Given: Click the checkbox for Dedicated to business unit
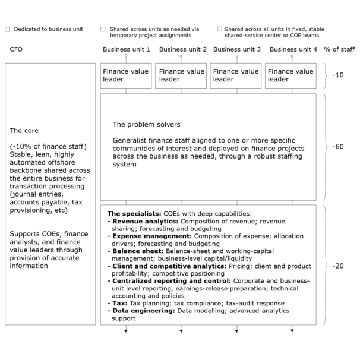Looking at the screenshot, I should click(7, 29).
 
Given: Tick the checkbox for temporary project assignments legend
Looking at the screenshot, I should click(103, 29).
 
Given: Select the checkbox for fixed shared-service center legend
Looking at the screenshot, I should click(220, 29).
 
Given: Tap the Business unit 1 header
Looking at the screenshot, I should click(127, 49).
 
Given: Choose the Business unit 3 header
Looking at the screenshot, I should click(237, 49).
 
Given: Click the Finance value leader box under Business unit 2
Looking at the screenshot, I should click(182, 75).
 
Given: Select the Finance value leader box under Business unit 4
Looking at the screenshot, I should click(291, 75).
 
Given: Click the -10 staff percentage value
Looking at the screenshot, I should click(337, 75).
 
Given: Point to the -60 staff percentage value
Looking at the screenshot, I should click(337, 146).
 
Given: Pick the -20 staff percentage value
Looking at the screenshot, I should click(337, 266).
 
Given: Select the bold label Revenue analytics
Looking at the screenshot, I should click(136, 221).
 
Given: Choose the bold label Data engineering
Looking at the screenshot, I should click(138, 311).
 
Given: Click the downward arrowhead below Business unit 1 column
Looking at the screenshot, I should click(127, 330).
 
